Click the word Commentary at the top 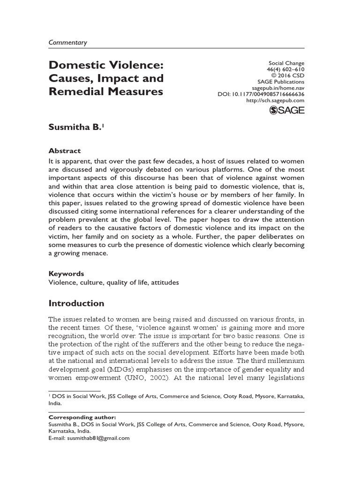coord(68,42)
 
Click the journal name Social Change coord(287,63)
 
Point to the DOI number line coord(261,94)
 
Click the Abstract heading coord(65,150)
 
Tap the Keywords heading coord(66,273)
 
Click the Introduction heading coord(76,303)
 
